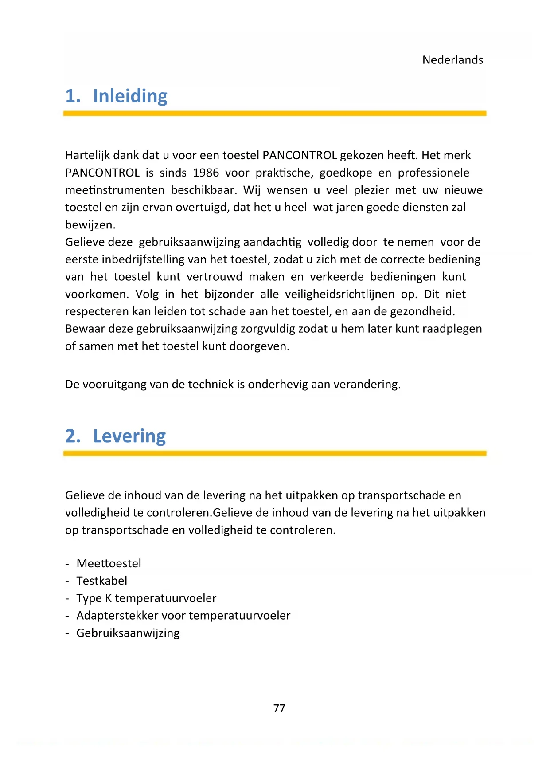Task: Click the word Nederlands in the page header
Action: click(x=452, y=60)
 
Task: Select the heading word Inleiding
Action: click(x=130, y=96)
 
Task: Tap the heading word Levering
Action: click(x=129, y=436)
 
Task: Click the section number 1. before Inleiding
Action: click(x=73, y=96)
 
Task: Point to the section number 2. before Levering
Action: click(x=73, y=436)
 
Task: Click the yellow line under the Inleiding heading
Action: click(x=275, y=114)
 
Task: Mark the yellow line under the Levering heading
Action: click(x=275, y=453)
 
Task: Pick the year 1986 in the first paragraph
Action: click(x=206, y=173)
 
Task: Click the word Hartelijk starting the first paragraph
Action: click(x=87, y=156)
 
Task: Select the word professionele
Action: click(x=433, y=173)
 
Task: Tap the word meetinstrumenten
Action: click(x=115, y=190)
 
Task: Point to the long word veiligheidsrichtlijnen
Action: click(x=339, y=295)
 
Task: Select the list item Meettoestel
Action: click(x=109, y=564)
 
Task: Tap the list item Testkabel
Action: click(x=101, y=581)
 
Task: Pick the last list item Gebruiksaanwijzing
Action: click(x=128, y=633)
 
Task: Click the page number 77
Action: click(x=279, y=708)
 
